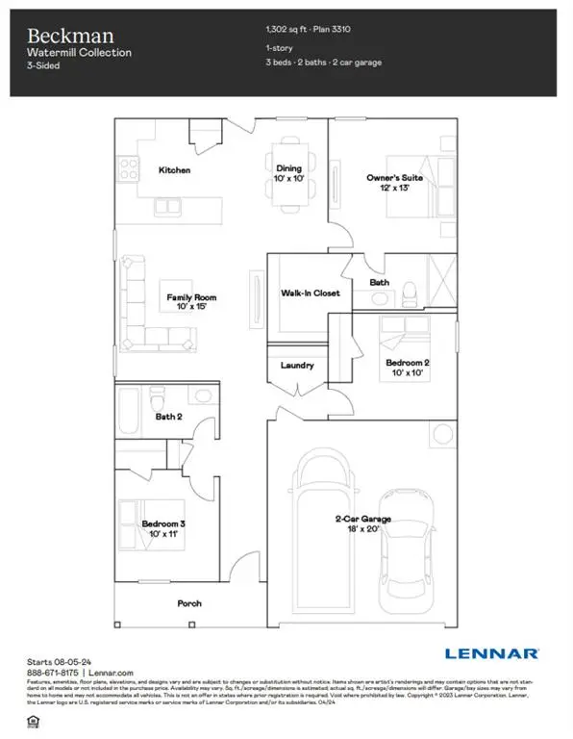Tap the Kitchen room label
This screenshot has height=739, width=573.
tap(174, 170)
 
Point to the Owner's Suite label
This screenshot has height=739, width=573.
tap(388, 183)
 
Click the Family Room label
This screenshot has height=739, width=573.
tap(187, 301)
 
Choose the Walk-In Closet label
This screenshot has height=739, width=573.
tap(310, 293)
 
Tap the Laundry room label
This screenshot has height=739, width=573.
tap(298, 366)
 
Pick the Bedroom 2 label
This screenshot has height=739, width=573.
tap(407, 367)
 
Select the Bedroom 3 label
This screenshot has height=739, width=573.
tap(162, 528)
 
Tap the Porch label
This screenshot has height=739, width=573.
tap(189, 604)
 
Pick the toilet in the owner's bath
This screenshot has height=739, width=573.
tap(408, 291)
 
